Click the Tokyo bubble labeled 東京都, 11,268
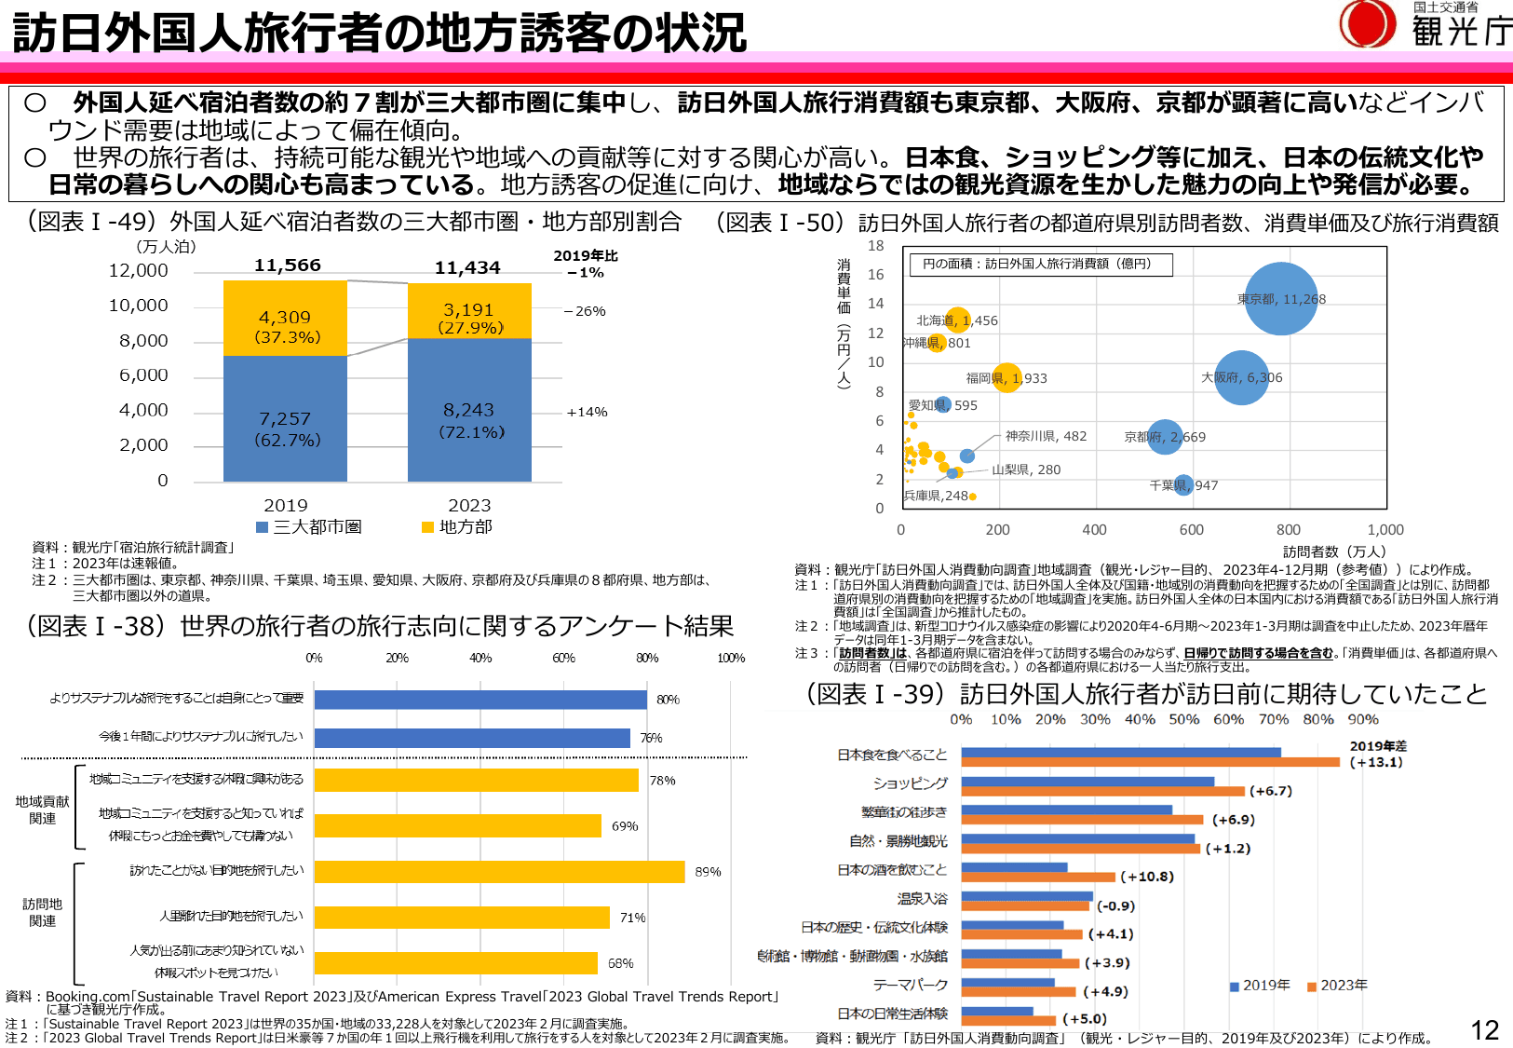point(1281,299)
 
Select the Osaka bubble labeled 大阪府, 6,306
point(1241,377)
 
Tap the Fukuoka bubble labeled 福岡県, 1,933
point(1006,377)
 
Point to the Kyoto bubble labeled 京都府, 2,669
point(1164,436)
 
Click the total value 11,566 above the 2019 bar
point(287,265)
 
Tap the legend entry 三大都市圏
point(309,527)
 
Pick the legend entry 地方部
point(457,527)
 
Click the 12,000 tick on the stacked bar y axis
point(139,270)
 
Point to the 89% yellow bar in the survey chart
point(499,872)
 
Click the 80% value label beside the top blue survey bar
point(668,700)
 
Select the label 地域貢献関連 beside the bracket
point(42,810)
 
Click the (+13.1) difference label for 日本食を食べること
point(1376,762)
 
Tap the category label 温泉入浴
point(922,899)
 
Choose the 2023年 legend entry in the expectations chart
point(1337,986)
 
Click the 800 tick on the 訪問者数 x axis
point(1289,529)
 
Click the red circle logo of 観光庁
point(1367,23)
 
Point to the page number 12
point(1484,1029)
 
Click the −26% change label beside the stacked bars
point(585,311)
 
